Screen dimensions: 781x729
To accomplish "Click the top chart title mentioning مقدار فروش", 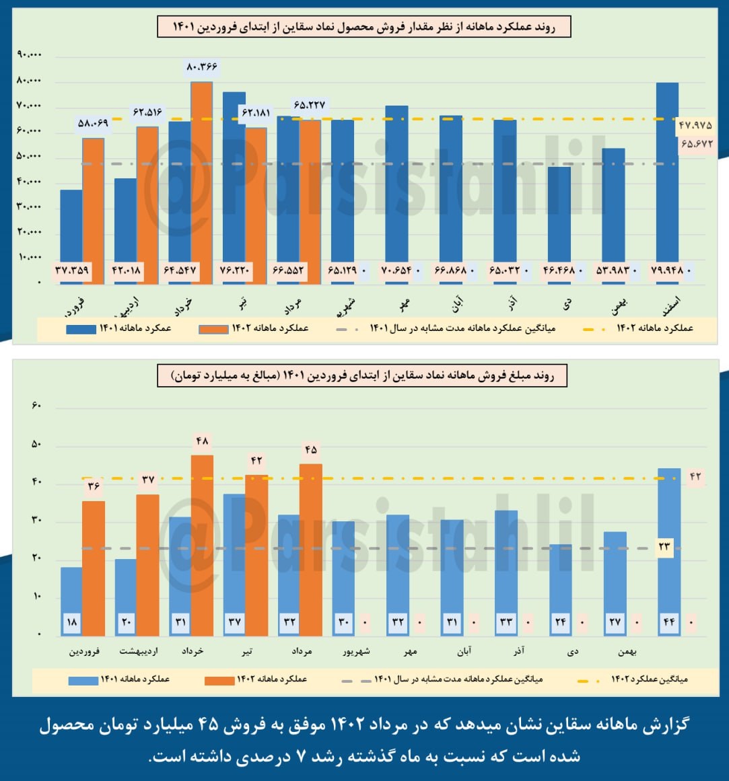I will (x=364, y=27).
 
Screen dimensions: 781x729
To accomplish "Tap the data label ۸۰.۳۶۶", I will (x=201, y=67).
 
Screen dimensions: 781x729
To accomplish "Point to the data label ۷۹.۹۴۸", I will (x=667, y=271).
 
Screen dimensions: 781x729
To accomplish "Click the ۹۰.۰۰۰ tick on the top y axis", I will (x=29, y=54).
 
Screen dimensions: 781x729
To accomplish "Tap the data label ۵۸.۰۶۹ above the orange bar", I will (x=93, y=123).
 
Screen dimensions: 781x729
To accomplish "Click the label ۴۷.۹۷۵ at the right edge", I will (x=695, y=126).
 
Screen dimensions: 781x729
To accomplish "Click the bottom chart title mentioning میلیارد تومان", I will (x=363, y=376).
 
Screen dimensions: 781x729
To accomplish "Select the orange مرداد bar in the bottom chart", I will (x=310, y=548).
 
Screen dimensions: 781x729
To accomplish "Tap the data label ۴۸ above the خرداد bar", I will (x=202, y=442).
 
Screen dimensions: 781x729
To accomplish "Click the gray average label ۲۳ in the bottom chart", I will (x=664, y=547).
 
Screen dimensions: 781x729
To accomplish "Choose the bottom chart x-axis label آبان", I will (x=464, y=651).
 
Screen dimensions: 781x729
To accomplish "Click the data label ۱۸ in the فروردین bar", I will (x=72, y=622).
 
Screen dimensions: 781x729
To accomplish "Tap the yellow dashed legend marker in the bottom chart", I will (x=590, y=681).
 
